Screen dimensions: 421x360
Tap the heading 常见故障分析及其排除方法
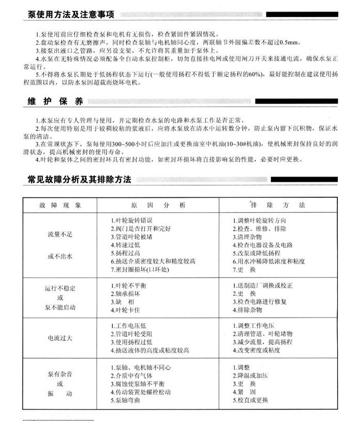(79, 180)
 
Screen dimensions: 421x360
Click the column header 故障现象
(60, 205)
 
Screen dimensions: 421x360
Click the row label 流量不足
(60, 235)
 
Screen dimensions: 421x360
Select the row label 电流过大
(60, 338)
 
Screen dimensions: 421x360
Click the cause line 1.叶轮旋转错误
(132, 220)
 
